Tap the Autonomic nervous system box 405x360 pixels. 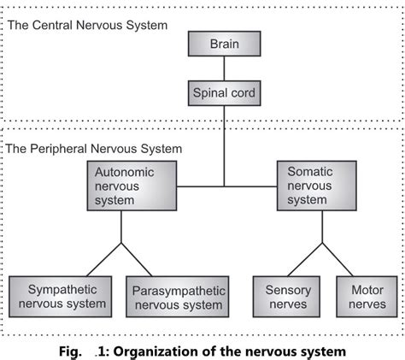click(121, 186)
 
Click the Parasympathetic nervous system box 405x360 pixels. click(177, 297)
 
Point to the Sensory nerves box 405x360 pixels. click(288, 296)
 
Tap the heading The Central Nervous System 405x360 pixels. click(87, 25)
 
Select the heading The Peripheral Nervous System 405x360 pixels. click(94, 149)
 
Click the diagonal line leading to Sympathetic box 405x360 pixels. click(96, 259)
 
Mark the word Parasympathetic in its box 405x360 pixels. click(178, 289)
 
